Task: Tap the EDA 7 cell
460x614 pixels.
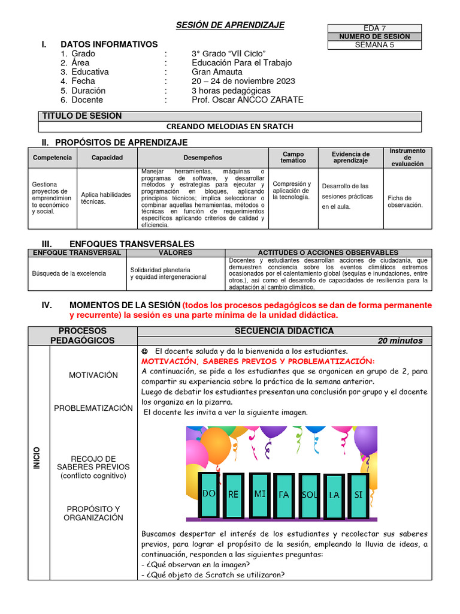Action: [x=375, y=28]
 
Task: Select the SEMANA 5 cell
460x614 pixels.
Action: [x=375, y=44]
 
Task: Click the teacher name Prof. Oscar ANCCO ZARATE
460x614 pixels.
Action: [x=247, y=100]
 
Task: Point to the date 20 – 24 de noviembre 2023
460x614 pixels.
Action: [x=243, y=82]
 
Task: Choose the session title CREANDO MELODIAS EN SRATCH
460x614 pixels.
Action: [x=235, y=127]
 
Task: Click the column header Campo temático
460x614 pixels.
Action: [x=293, y=158]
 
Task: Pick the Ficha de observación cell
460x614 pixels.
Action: [x=405, y=201]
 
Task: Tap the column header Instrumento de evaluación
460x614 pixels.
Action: [x=407, y=158]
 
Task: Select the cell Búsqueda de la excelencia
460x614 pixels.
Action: [x=69, y=273]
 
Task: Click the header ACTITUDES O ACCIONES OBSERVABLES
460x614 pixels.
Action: [x=327, y=253]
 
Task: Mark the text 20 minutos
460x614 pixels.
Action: [x=400, y=341]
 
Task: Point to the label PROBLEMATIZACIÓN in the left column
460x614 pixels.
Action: [x=93, y=408]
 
